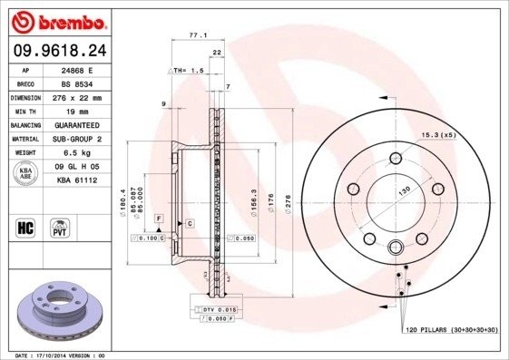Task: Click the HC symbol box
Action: [26, 227]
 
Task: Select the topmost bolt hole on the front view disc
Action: [396, 160]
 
